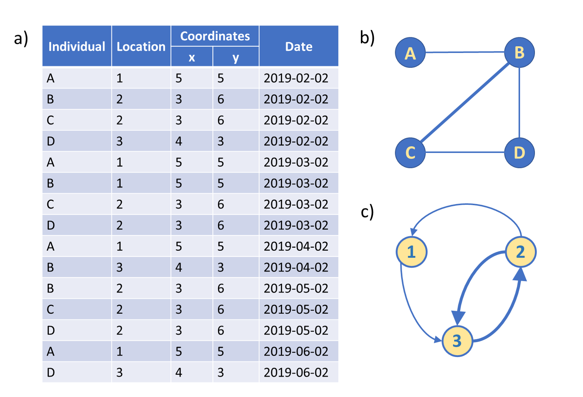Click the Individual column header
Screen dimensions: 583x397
point(77,47)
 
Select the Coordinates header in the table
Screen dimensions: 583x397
point(215,36)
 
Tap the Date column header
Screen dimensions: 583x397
point(299,47)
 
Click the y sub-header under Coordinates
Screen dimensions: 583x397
point(236,57)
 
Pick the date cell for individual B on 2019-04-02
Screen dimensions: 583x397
point(296,267)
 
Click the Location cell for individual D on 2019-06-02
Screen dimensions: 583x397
point(119,372)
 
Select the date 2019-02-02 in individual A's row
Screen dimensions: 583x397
point(296,78)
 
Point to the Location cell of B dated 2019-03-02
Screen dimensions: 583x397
point(119,183)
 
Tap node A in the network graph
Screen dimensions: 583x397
point(410,53)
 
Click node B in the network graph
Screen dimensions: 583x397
point(520,52)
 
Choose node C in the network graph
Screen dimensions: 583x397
point(410,153)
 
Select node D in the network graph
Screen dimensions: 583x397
point(520,153)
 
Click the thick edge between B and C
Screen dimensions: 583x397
point(465,103)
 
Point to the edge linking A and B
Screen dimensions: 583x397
point(465,52)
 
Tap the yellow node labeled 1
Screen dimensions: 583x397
point(412,252)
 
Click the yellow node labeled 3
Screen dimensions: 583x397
point(457,341)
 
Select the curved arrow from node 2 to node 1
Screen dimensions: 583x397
point(466,204)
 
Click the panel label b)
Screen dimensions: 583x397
point(367,38)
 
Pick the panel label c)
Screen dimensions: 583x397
point(367,212)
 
